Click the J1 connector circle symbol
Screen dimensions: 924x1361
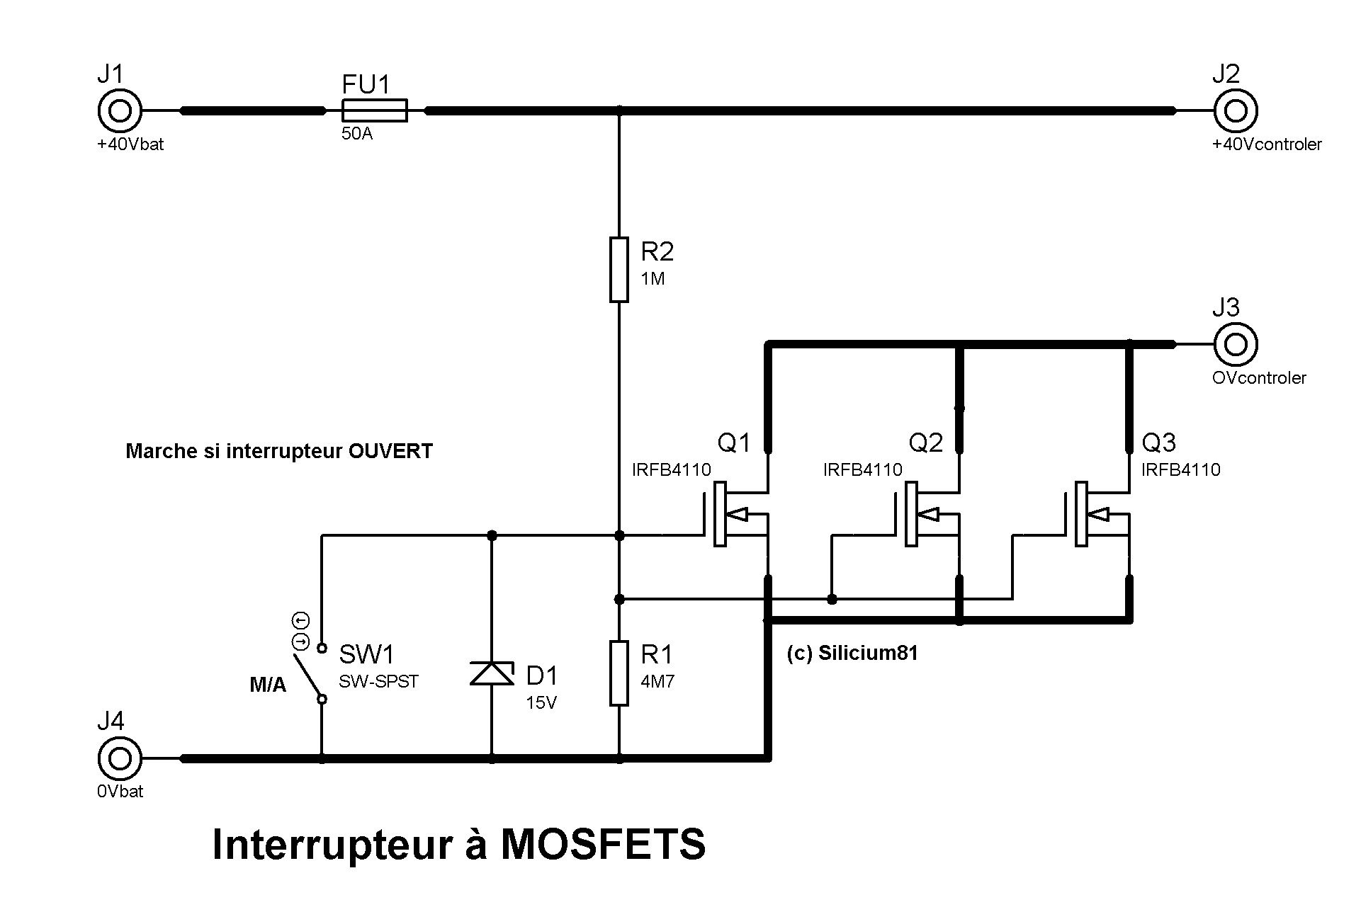click(120, 110)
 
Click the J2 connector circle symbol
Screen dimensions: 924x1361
click(1236, 110)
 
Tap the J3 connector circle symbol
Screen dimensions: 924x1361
click(1236, 345)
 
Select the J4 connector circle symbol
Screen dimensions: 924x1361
click(120, 758)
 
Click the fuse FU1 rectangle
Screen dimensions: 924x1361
click(374, 110)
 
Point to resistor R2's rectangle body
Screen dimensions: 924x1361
click(619, 270)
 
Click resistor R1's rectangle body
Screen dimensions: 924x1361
click(619, 673)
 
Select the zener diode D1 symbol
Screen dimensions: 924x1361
click(492, 673)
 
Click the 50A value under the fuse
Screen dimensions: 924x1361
click(356, 134)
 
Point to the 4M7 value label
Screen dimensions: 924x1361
click(657, 682)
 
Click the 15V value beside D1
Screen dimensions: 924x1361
click(541, 703)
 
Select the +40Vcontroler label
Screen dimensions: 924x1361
click(1267, 144)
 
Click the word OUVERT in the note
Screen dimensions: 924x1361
click(390, 451)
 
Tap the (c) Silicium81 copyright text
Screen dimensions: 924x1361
click(852, 653)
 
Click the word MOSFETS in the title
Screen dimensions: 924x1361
click(603, 844)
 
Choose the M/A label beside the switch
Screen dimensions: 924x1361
click(268, 685)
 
